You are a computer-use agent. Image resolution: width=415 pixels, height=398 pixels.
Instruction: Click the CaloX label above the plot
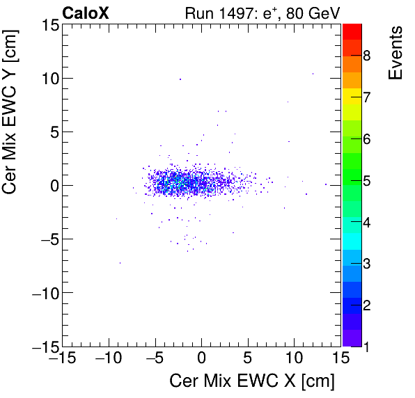pyautogui.click(x=85, y=13)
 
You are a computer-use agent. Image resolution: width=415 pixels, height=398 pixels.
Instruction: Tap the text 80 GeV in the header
pyautogui.click(x=313, y=13)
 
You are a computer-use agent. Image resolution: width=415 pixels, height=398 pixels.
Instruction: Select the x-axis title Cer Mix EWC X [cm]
pyautogui.click(x=252, y=381)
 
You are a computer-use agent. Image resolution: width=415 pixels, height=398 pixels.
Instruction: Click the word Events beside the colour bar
pyautogui.click(x=396, y=53)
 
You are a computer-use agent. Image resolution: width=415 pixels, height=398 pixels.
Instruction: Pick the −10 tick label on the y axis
pyautogui.click(x=44, y=293)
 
